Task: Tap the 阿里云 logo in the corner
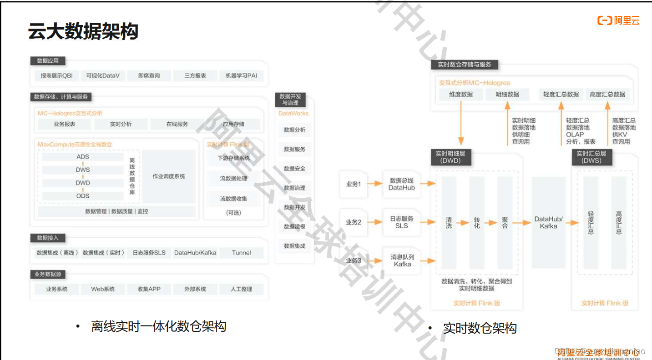pos(618,20)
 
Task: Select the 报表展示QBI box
pos(56,76)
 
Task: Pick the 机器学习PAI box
pos(241,76)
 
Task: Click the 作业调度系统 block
pos(168,176)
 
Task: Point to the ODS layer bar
pos(83,196)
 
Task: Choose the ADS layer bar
pos(83,157)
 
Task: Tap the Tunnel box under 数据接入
pos(241,253)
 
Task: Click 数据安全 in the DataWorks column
pos(294,169)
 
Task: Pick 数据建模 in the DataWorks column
pos(294,226)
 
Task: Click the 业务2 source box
pos(354,222)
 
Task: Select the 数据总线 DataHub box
pos(401,184)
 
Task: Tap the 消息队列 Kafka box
pos(402,260)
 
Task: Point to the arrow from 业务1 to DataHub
pos(375,184)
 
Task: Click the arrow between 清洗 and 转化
pos(463,223)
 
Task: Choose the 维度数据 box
pos(460,95)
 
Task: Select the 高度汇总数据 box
pos(607,95)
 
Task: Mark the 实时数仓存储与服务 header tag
pos(464,65)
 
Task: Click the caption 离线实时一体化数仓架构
pos(158,326)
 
